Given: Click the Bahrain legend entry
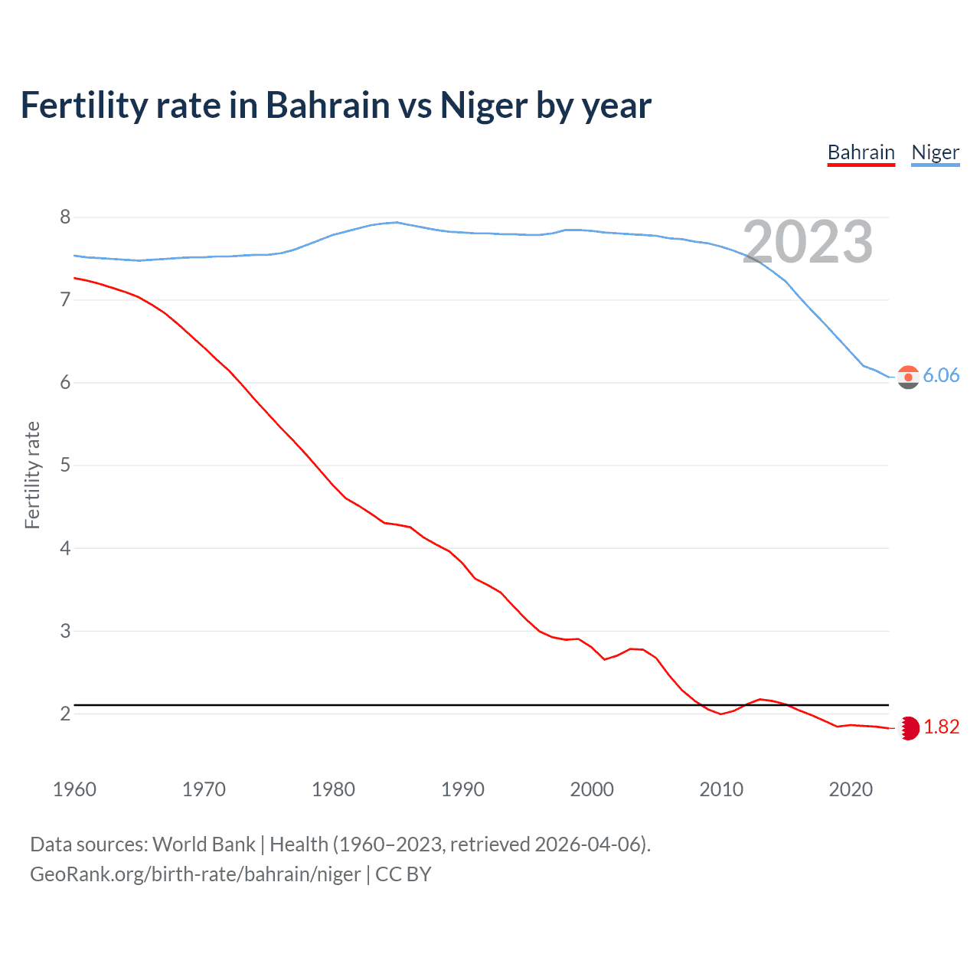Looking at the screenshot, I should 861,152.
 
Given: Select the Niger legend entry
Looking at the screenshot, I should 935,152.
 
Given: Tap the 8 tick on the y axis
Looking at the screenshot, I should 65,217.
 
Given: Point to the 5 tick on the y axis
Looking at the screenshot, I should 65,465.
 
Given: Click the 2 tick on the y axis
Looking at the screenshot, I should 65,714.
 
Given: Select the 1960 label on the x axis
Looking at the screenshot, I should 74,789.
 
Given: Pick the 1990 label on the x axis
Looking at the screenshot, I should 462,789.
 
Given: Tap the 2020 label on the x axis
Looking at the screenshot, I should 851,789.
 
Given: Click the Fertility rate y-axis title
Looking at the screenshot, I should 32,475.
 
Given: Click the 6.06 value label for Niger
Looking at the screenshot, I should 941,375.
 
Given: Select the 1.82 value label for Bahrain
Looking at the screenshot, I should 941,727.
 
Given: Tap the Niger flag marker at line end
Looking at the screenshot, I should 908,377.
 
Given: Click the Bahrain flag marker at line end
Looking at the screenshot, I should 909,728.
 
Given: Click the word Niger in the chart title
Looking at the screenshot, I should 484,106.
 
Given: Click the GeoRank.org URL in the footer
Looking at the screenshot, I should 195,874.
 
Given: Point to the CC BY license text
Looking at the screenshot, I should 403,874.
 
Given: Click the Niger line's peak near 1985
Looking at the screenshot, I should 396,222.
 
